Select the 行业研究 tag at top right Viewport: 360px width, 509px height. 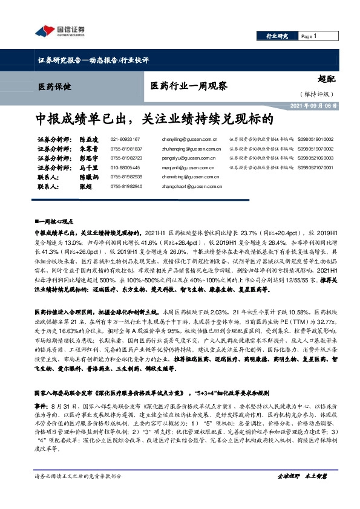(277, 36)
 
